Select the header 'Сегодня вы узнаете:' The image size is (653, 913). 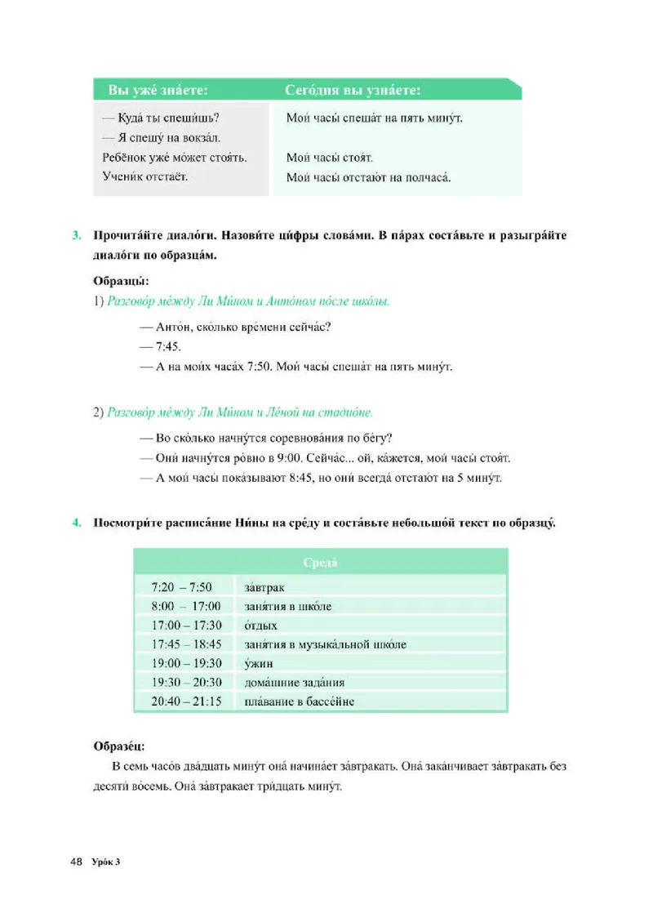click(353, 90)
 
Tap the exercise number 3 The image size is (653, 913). click(77, 236)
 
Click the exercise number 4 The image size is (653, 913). click(77, 523)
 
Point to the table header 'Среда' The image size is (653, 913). click(320, 563)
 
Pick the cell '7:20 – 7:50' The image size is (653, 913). click(182, 587)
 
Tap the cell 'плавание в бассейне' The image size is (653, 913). click(299, 701)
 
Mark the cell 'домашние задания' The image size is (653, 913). click(294, 683)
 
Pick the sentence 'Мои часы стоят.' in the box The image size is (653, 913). click(330, 157)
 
